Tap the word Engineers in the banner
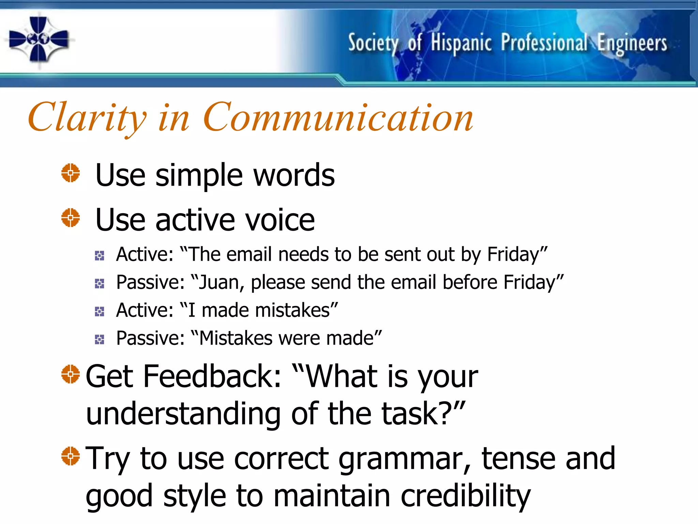click(x=632, y=44)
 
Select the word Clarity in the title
click(x=87, y=118)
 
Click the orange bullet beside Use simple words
click(x=71, y=173)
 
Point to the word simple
click(x=199, y=175)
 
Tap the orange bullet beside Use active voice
click(x=71, y=218)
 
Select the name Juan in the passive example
click(x=219, y=282)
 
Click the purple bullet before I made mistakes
click(x=100, y=311)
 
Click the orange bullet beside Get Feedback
click(x=71, y=374)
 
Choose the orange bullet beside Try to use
click(x=71, y=456)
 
